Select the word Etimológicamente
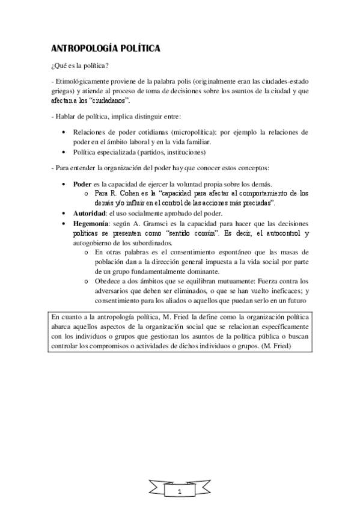click(84, 81)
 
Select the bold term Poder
click(82, 183)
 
